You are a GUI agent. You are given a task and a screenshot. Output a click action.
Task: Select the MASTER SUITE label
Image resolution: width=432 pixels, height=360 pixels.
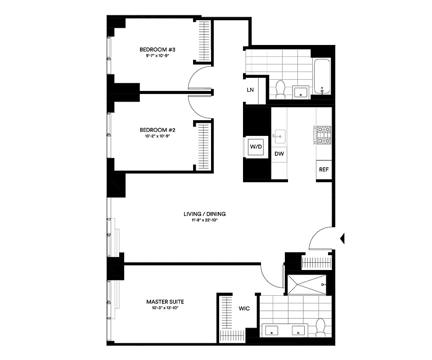pos(165,301)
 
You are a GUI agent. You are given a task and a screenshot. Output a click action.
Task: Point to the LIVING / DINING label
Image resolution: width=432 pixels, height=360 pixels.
pos(204,214)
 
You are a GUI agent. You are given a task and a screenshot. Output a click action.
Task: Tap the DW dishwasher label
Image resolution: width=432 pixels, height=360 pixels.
pos(279,154)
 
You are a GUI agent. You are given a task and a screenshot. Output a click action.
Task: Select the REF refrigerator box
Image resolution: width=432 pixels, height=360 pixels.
pos(323,170)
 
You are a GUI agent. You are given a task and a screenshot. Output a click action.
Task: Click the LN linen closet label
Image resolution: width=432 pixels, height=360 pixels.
pos(250,90)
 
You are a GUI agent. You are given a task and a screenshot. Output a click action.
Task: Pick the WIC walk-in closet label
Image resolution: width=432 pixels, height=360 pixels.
pos(244,309)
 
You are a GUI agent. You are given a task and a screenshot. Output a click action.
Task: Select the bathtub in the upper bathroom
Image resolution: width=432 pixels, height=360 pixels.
pos(322,76)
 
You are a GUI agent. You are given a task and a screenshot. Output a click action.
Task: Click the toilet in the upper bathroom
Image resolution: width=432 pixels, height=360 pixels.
pos(281,89)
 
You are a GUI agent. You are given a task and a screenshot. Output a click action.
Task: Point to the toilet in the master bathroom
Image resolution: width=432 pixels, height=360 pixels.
pos(321,327)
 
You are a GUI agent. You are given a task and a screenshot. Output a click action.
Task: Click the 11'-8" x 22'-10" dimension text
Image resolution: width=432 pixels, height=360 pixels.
pos(204,220)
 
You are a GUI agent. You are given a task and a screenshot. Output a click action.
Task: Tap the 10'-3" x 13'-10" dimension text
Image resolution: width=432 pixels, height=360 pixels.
pos(165,308)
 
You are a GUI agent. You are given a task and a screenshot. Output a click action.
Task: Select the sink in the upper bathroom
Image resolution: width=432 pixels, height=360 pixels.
pos(301,92)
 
